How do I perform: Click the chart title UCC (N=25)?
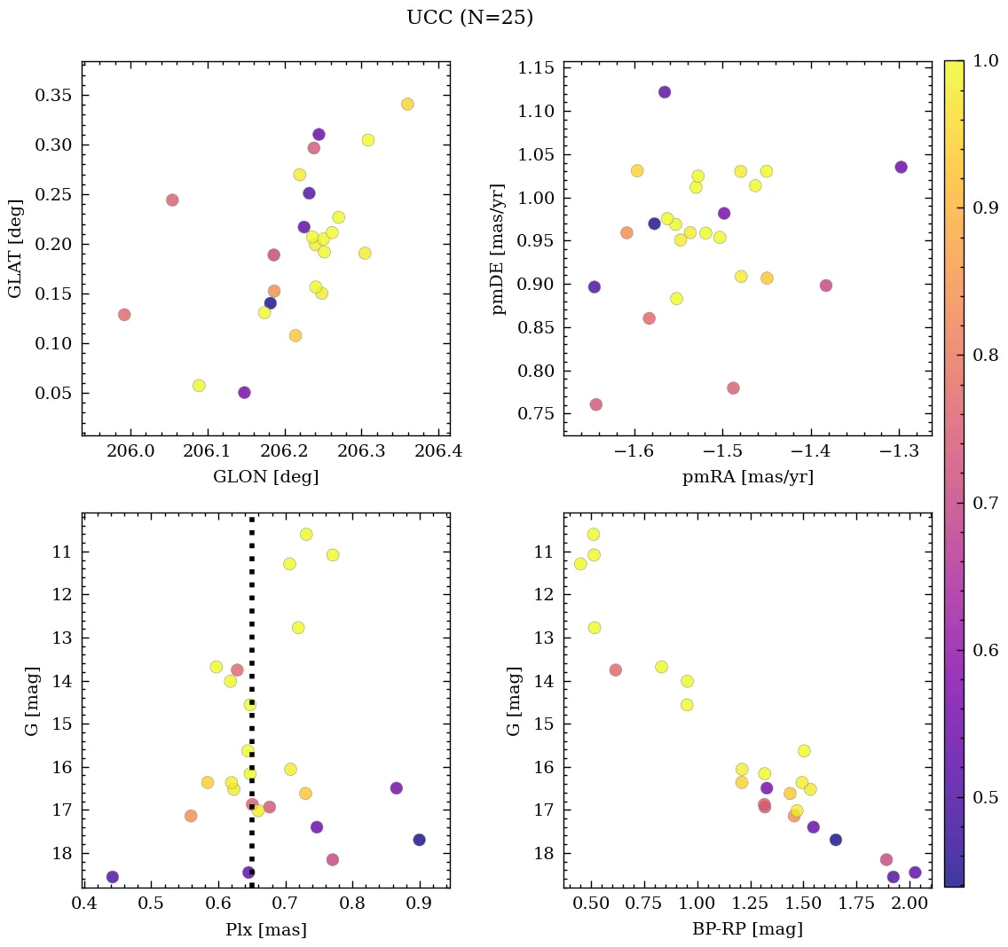(x=469, y=18)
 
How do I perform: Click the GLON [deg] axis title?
(x=265, y=477)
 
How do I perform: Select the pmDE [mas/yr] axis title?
(x=499, y=248)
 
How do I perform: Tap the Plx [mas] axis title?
(x=265, y=929)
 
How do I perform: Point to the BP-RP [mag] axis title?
(x=747, y=929)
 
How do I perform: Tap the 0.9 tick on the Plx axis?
(x=419, y=904)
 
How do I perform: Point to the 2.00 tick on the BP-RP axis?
(x=909, y=904)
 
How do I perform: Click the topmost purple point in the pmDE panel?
(x=665, y=92)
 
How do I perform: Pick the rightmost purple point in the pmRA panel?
(x=901, y=167)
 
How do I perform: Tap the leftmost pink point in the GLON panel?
(x=124, y=315)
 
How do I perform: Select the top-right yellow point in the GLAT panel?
(x=407, y=105)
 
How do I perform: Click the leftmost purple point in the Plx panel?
(x=113, y=877)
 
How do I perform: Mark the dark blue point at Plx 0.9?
(x=419, y=840)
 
